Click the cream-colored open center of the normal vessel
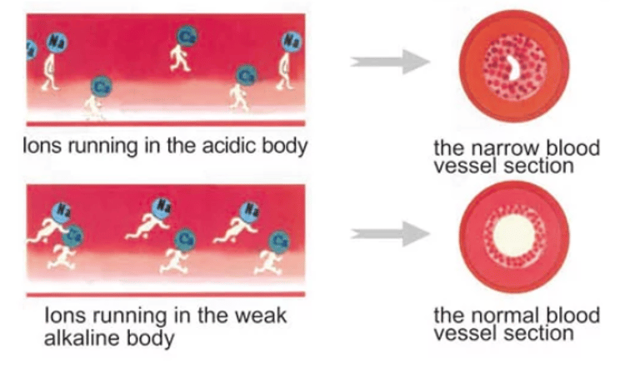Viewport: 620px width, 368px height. point(511,238)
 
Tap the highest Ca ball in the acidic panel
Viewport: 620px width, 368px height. point(187,35)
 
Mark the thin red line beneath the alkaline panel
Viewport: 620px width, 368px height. point(167,295)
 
